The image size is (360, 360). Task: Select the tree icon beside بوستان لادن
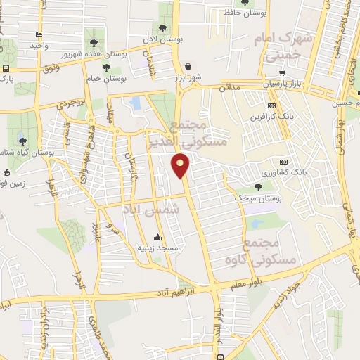pyautogui.click(x=162, y=28)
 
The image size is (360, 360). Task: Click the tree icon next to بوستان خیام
pyautogui.click(x=106, y=67)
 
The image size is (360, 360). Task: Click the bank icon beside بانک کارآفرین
pyautogui.click(x=253, y=117)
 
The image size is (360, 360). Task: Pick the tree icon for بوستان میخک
pyautogui.click(x=258, y=186)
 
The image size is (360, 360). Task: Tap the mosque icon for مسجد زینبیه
pyautogui.click(x=157, y=237)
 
